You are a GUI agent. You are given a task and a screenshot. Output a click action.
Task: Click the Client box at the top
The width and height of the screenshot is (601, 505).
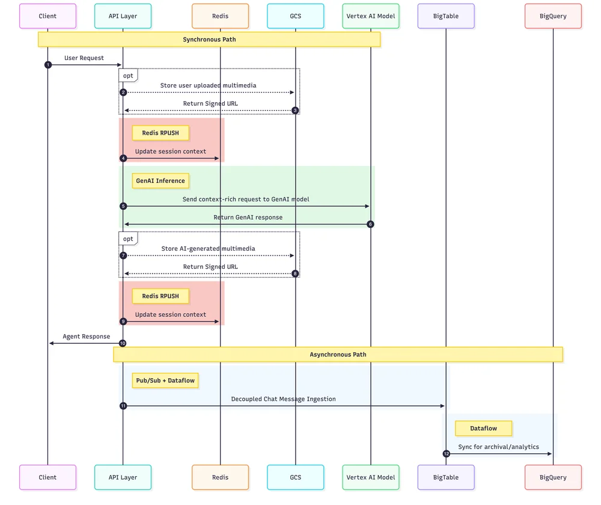47,16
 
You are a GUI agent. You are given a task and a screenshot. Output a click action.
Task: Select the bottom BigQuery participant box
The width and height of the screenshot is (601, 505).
553,477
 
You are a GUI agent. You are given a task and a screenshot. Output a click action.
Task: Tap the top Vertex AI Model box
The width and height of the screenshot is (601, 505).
371,16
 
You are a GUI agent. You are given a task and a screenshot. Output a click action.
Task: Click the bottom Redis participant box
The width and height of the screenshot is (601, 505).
220,477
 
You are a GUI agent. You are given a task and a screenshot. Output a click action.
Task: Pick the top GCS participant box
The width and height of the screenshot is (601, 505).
296,16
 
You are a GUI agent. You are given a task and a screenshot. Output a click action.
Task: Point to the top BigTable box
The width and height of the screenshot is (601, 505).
446,16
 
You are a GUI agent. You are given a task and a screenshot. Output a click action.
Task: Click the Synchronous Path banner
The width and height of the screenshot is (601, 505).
209,40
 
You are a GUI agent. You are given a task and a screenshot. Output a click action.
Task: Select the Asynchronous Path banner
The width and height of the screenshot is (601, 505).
338,355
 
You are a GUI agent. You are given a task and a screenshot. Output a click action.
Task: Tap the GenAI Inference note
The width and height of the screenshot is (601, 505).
160,181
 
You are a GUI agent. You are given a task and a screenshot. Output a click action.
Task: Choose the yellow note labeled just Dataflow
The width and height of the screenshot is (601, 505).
484,428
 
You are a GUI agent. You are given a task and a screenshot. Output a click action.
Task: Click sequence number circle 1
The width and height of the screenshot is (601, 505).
48,65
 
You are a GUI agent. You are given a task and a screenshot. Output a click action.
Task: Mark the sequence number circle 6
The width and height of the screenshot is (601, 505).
370,224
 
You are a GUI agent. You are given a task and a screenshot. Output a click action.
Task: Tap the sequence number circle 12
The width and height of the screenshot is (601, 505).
446,454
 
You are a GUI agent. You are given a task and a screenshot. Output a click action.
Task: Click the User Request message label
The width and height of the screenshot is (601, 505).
84,58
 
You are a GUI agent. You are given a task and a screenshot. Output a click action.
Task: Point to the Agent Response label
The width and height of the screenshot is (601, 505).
87,337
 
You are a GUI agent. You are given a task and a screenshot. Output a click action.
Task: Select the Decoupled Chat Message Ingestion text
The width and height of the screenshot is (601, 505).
283,399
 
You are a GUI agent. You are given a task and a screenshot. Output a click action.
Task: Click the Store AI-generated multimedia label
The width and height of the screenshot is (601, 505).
208,249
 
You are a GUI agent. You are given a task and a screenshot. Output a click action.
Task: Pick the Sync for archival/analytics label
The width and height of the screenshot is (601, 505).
498,447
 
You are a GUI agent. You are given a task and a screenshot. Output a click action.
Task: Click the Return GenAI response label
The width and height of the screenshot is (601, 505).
248,218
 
